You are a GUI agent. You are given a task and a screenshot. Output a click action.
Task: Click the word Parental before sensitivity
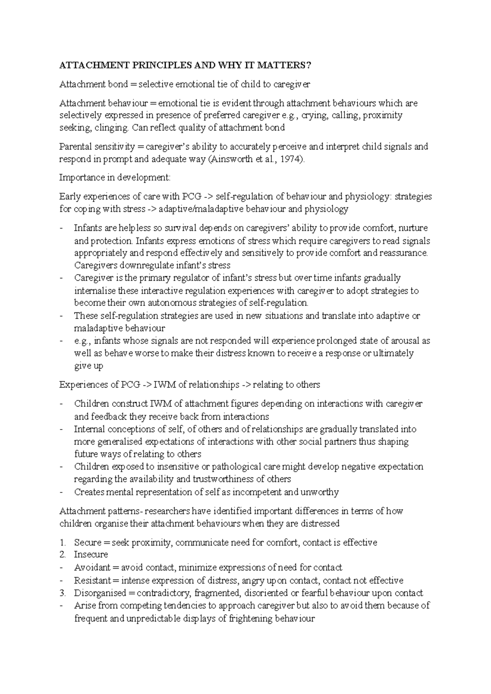(x=75, y=146)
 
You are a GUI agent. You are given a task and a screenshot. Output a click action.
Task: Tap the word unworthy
(x=319, y=492)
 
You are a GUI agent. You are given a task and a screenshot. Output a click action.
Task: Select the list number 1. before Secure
(x=62, y=542)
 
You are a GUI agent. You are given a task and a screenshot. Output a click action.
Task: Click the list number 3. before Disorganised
(x=62, y=593)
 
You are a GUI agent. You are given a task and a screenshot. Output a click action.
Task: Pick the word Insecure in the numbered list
(x=91, y=555)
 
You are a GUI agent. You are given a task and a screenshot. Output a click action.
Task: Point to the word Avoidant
(x=92, y=567)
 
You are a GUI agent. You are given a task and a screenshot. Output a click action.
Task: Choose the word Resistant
(x=92, y=580)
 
